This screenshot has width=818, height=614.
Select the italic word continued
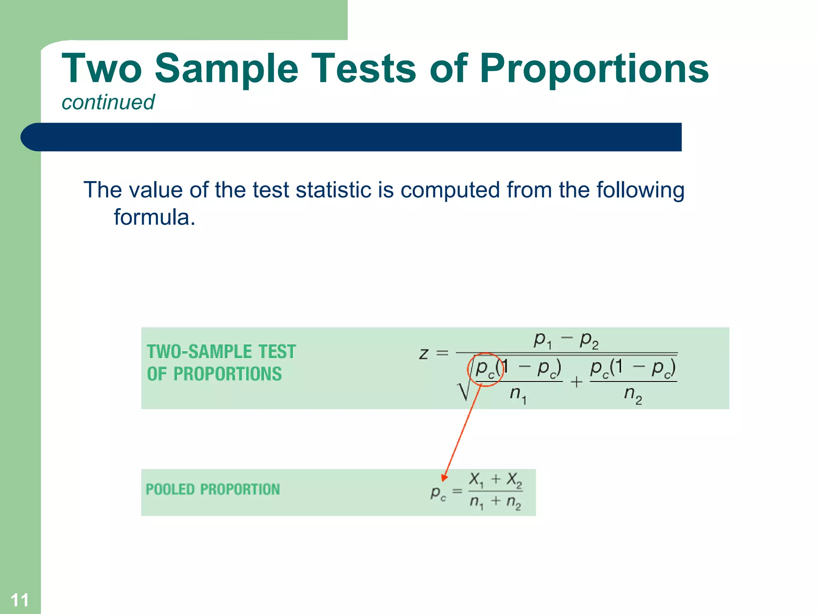click(x=108, y=102)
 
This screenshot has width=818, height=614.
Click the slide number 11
click(x=20, y=600)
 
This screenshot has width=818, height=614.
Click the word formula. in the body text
click(x=155, y=217)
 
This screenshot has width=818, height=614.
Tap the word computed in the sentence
click(x=450, y=190)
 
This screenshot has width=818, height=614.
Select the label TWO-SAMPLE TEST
click(x=221, y=352)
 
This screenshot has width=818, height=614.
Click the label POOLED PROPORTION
click(x=213, y=489)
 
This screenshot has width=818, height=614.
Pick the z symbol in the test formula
click(x=424, y=353)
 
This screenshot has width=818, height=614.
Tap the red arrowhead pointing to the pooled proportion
click(x=444, y=477)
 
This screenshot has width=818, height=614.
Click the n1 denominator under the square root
click(x=518, y=395)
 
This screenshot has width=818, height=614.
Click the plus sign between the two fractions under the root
click(x=576, y=382)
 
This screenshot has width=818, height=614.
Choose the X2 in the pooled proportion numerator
click(x=514, y=479)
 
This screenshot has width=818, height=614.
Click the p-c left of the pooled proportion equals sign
click(x=438, y=492)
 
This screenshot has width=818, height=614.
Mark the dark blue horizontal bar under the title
click(x=351, y=137)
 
